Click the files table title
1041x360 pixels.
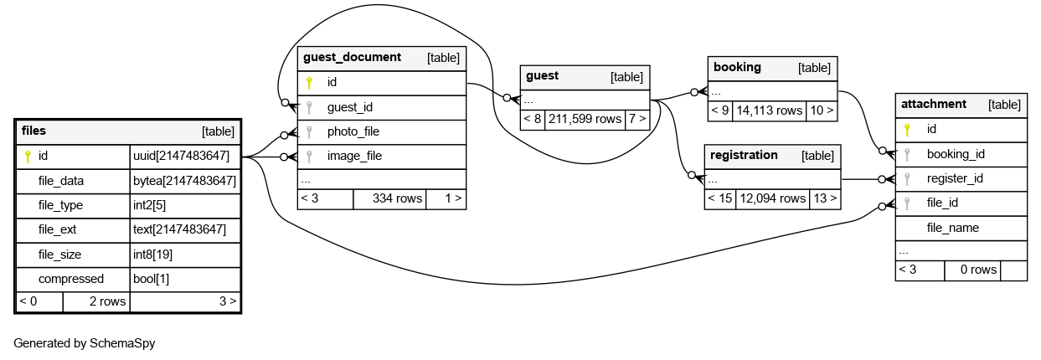(34, 131)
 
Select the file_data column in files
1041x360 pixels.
(61, 180)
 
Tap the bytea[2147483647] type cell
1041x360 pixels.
(184, 180)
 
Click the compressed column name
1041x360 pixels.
(71, 279)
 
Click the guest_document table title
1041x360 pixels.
(352, 57)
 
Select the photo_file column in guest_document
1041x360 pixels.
(353, 131)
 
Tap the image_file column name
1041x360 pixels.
(354, 156)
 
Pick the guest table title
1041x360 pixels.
(542, 76)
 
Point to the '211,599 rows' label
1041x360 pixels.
(585, 119)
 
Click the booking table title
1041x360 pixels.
(737, 67)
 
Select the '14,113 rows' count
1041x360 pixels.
(770, 110)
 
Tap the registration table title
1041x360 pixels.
(744, 155)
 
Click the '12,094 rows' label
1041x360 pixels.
(770, 198)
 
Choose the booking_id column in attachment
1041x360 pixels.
(956, 154)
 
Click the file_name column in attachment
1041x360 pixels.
(953, 228)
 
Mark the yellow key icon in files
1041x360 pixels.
(28, 156)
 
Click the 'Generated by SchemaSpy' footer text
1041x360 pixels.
(85, 343)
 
